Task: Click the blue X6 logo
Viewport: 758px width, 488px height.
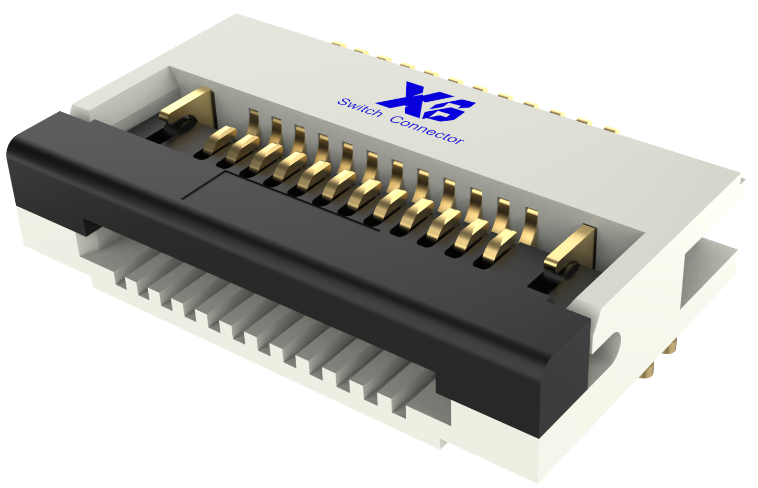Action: (426, 102)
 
